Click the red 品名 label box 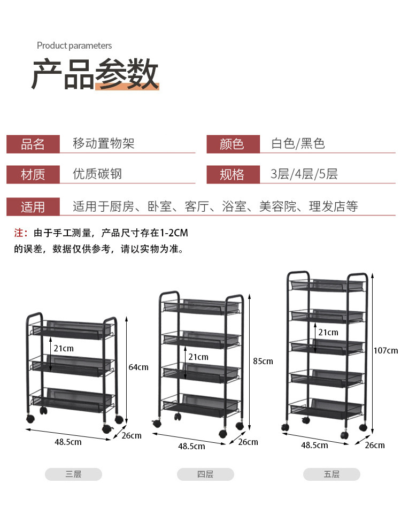pyautogui.click(x=33, y=144)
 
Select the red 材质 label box pyautogui.click(x=33, y=175)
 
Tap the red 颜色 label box pyautogui.click(x=233, y=144)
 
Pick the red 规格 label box pyautogui.click(x=233, y=175)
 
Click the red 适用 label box pyautogui.click(x=33, y=207)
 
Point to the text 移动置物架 pyautogui.click(x=104, y=144)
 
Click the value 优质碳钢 pyautogui.click(x=97, y=174)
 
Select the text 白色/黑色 pyautogui.click(x=298, y=144)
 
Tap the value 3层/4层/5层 pyautogui.click(x=304, y=174)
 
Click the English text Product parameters pyautogui.click(x=74, y=46)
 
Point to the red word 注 pyautogui.click(x=20, y=233)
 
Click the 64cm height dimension pyautogui.click(x=138, y=367)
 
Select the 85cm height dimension pyautogui.click(x=263, y=362)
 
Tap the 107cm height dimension pyautogui.click(x=386, y=351)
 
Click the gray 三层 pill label pyautogui.click(x=73, y=474)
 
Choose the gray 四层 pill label pyautogui.click(x=205, y=474)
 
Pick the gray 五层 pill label pyautogui.click(x=331, y=474)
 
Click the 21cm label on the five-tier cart pyautogui.click(x=328, y=333)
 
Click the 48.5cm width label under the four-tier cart pyautogui.click(x=191, y=446)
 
